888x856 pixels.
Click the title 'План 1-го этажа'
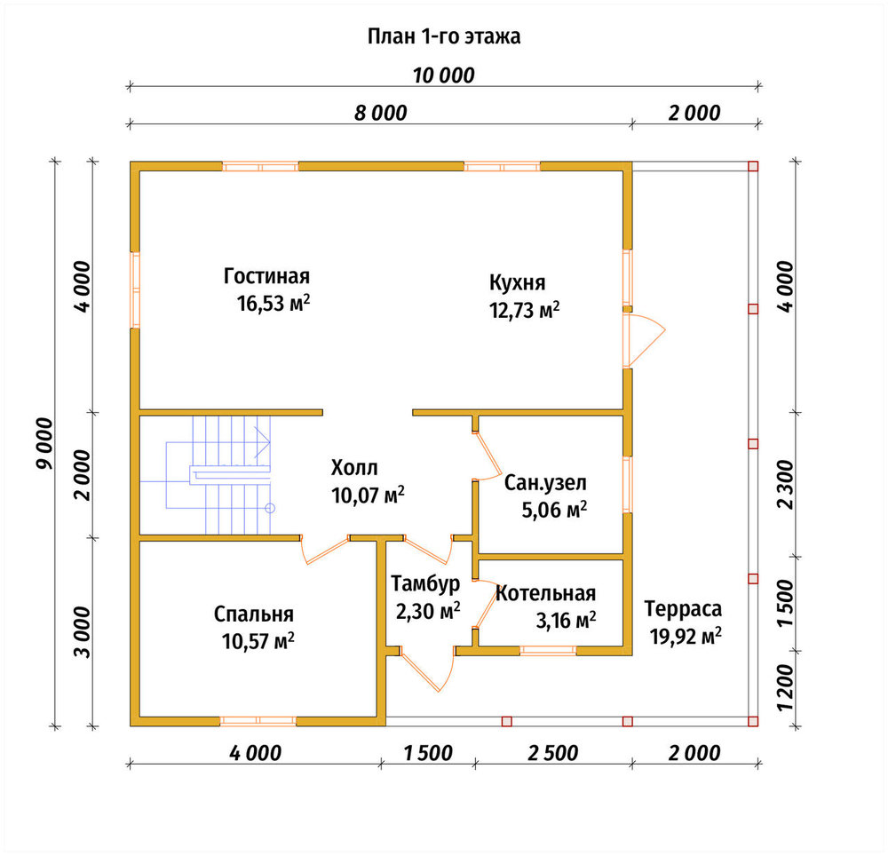coord(444,36)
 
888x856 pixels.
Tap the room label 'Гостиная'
coord(266,275)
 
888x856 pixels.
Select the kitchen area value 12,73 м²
coord(525,310)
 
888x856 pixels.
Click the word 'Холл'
coord(354,468)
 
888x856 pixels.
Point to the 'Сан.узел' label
coord(545,483)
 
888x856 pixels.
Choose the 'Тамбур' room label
coord(425,583)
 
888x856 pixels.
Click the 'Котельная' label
coord(546,593)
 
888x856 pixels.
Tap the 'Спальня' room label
coord(254,614)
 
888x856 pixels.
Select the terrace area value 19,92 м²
coord(686,636)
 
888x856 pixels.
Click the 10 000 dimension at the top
coord(443,75)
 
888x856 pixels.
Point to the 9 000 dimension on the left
coord(44,443)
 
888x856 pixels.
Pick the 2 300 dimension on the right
coord(786,484)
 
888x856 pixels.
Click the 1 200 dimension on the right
coord(786,687)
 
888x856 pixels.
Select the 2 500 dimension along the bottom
coord(552,753)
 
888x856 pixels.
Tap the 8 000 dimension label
coord(381,113)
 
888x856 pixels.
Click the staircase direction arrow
coord(262,440)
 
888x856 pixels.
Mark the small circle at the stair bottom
coord(270,508)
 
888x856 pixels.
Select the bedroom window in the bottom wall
coord(258,721)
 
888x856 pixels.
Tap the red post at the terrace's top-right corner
coord(753,166)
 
